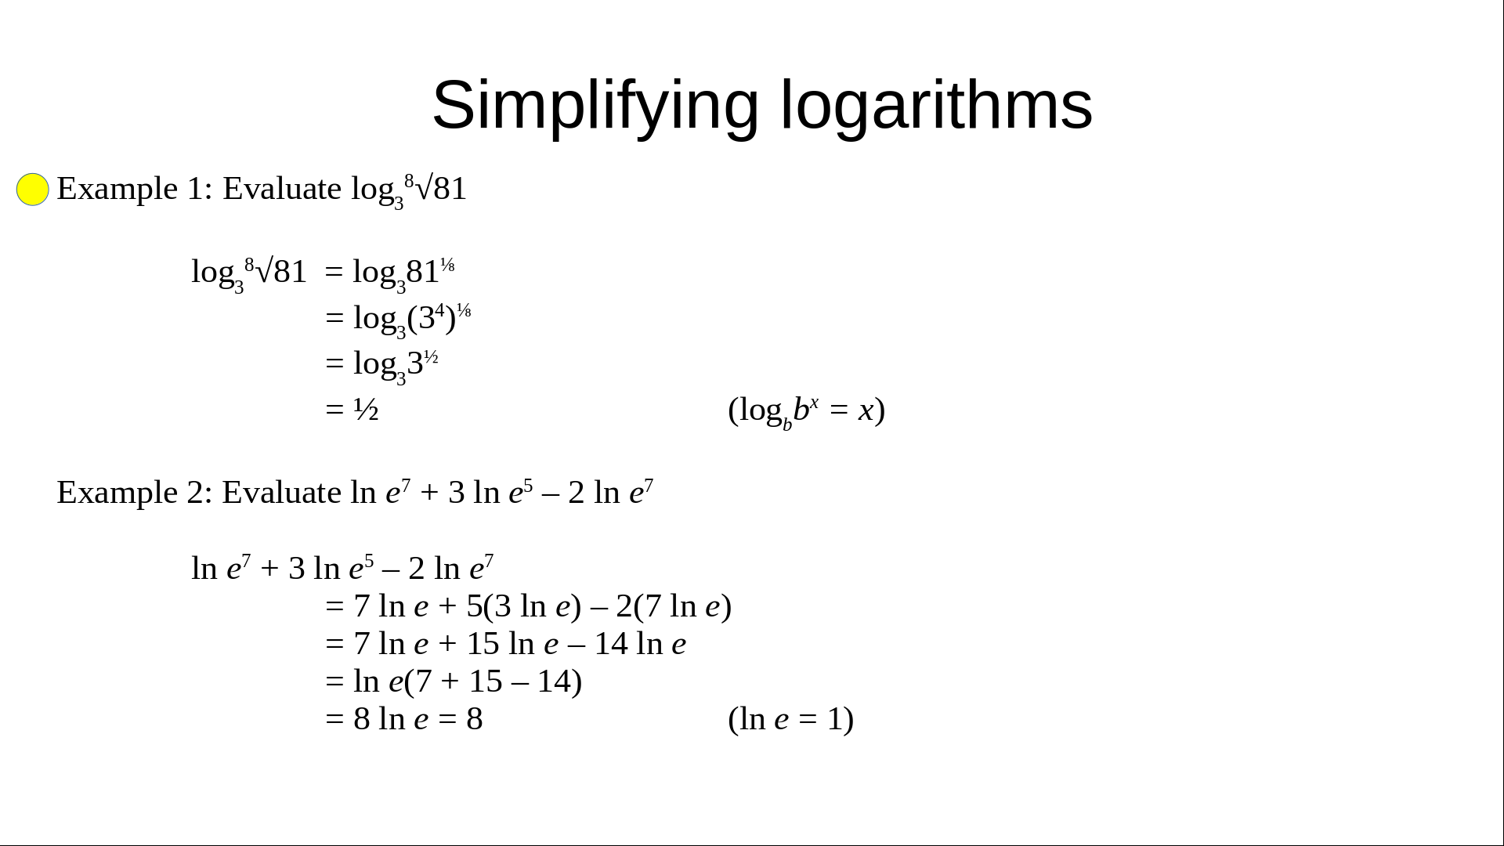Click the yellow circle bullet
(33, 190)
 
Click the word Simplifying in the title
(595, 106)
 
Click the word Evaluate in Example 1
(282, 189)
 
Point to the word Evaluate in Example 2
(282, 493)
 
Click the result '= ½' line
(352, 409)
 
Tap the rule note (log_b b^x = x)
(807, 411)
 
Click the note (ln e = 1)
(791, 719)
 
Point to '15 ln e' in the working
(512, 644)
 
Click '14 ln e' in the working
(641, 644)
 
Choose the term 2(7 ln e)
(674, 606)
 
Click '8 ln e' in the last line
(391, 719)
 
